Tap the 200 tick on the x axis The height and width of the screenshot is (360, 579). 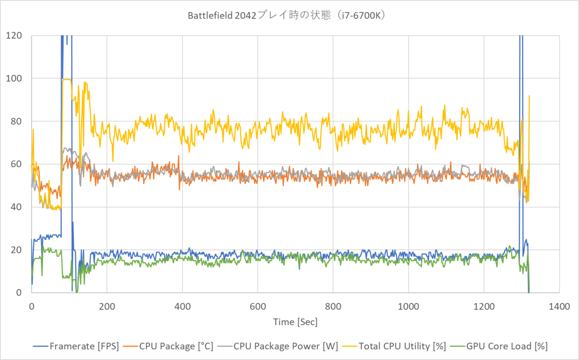coord(107,305)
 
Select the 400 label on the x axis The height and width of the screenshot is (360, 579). coord(182,305)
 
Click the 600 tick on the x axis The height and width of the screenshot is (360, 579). coord(258,305)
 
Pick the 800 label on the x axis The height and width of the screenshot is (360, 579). coord(333,305)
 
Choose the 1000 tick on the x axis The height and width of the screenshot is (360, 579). coord(408,305)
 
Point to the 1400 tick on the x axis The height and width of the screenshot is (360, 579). coord(559,305)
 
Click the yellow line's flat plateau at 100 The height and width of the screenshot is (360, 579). coord(67,79)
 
